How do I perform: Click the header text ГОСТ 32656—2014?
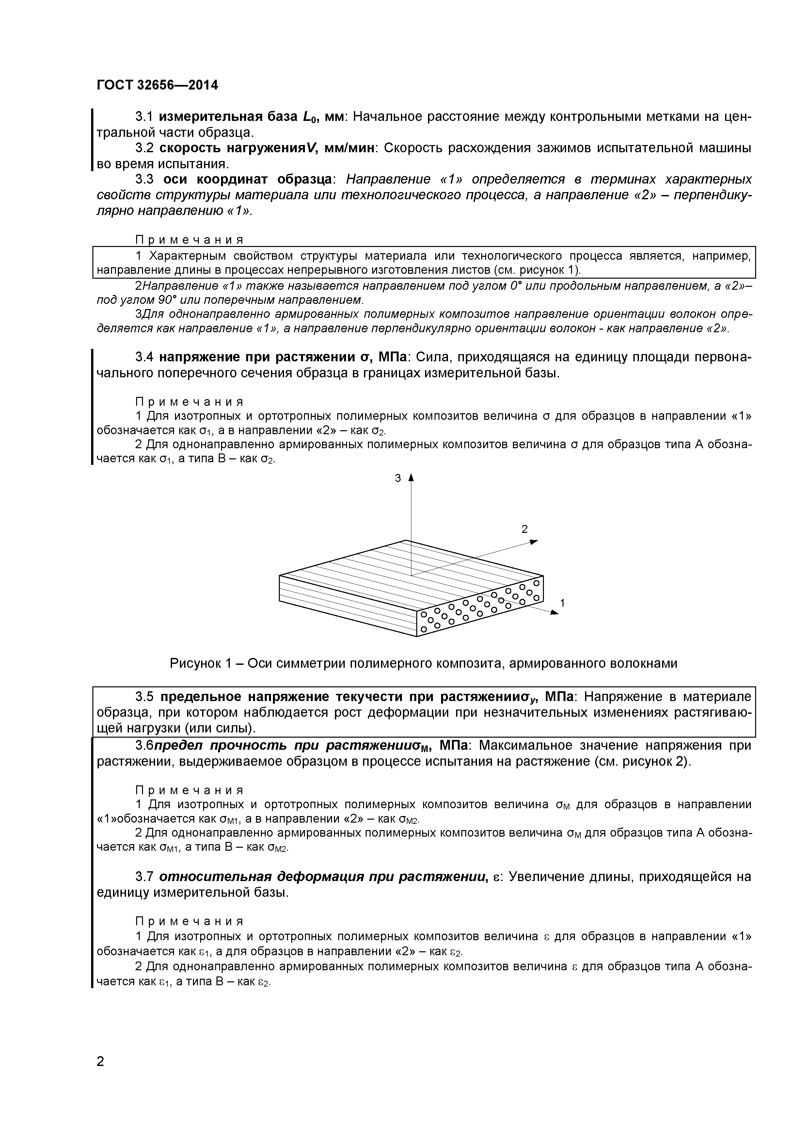point(157,85)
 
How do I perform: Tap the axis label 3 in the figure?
point(398,478)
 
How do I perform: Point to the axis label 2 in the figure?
point(524,529)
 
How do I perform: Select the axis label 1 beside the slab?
point(563,603)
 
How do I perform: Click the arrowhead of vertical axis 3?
point(411,478)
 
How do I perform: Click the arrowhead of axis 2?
point(534,542)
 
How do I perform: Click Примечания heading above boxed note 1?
point(190,240)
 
